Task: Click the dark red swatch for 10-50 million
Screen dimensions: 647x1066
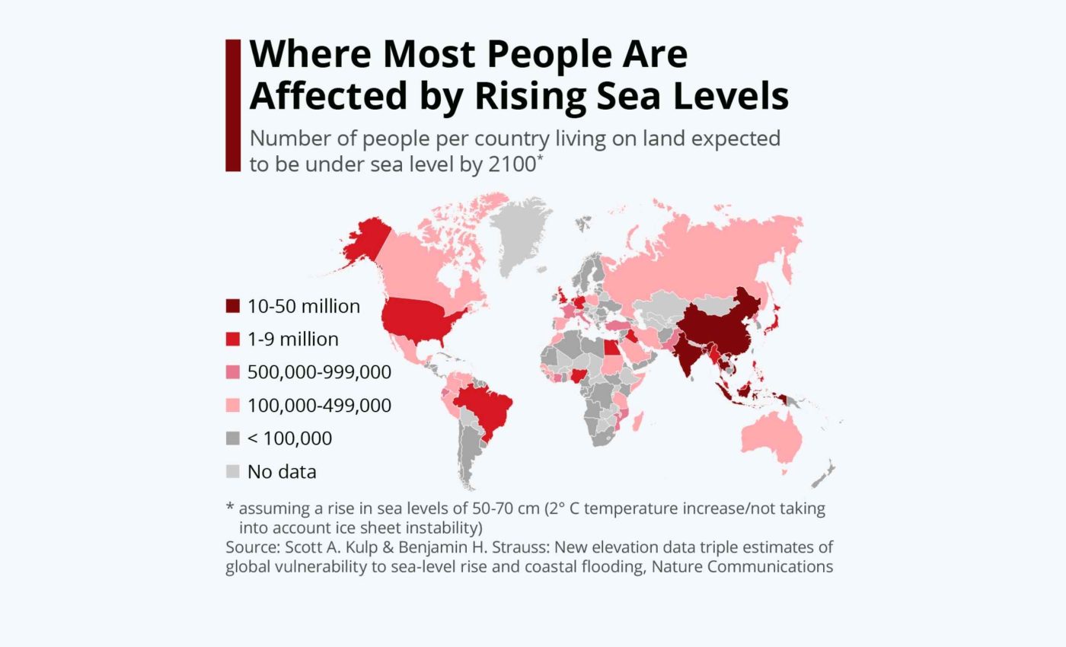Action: pyautogui.click(x=232, y=307)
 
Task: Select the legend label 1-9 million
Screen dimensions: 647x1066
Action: pyautogui.click(x=293, y=339)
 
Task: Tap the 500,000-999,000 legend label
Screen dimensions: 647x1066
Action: pyautogui.click(x=319, y=372)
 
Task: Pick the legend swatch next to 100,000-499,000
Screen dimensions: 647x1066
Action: pyautogui.click(x=232, y=406)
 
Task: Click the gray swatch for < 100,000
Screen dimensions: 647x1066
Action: pyautogui.click(x=232, y=438)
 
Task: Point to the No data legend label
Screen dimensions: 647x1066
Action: pyautogui.click(x=282, y=472)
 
